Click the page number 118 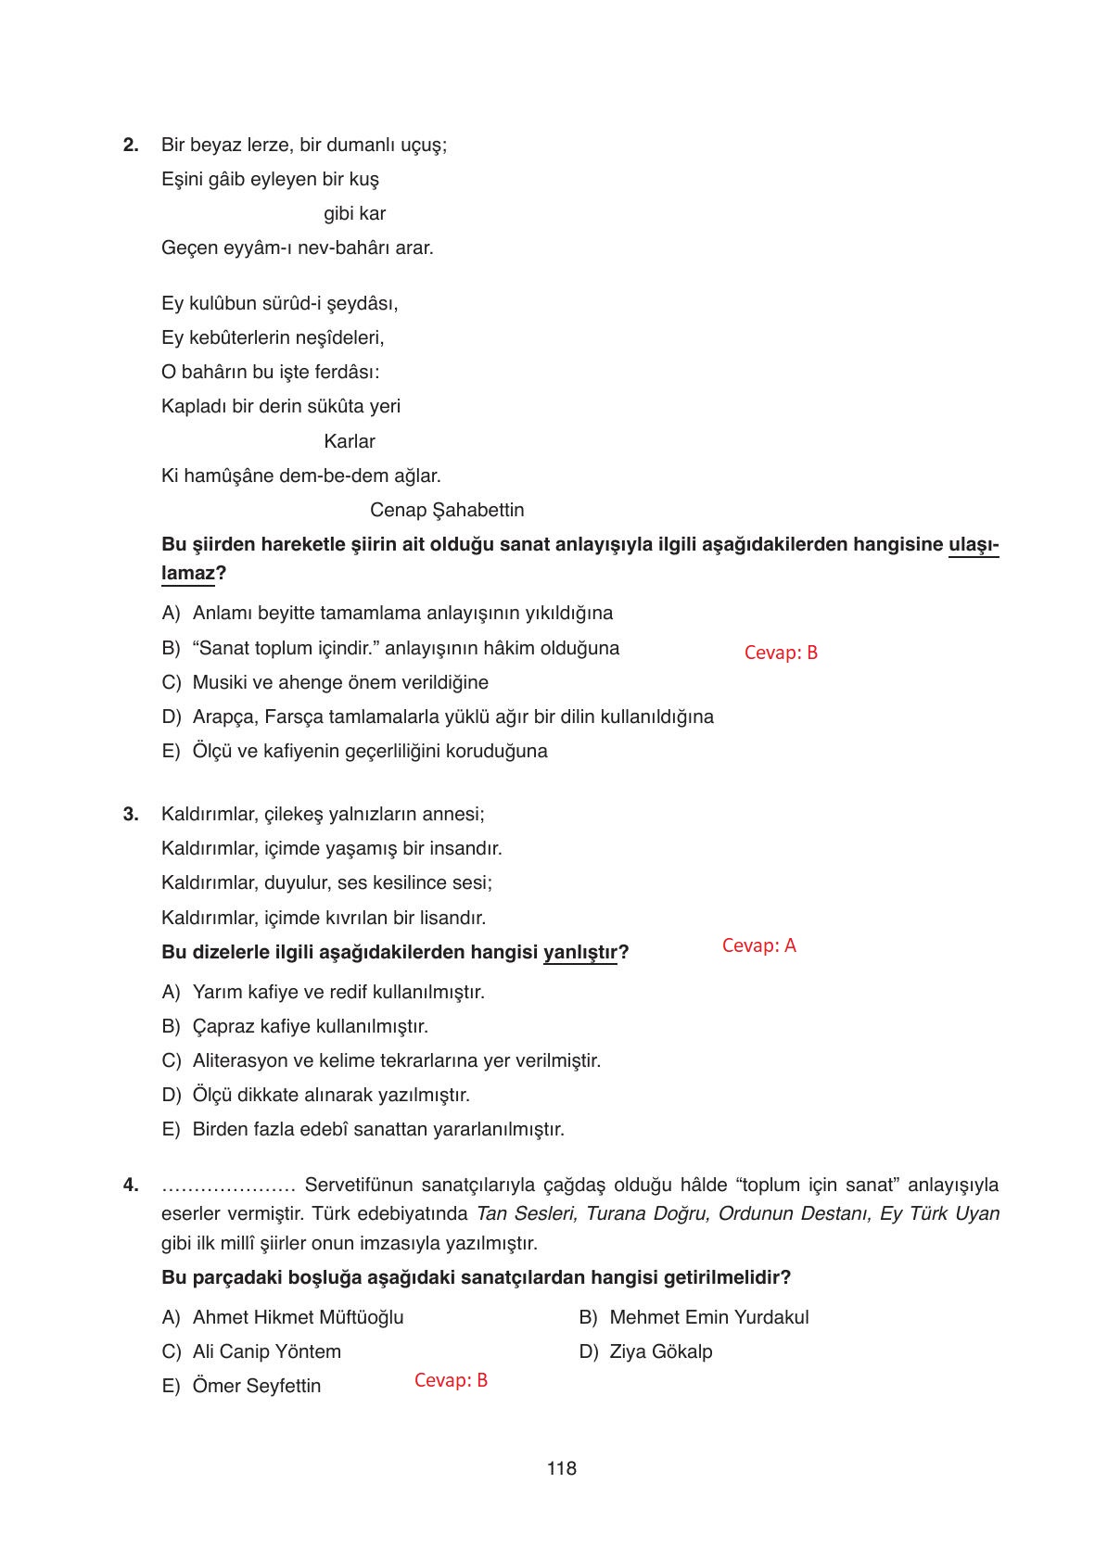(x=561, y=1468)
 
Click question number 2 (x=131, y=145)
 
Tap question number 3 (x=131, y=814)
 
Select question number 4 (x=131, y=1185)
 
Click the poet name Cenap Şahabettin (x=446, y=510)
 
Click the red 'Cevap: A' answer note (x=758, y=945)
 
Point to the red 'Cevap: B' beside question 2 (x=781, y=653)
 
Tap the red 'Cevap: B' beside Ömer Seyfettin (x=451, y=1380)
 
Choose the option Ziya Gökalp (x=660, y=1351)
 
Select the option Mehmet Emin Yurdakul (x=708, y=1317)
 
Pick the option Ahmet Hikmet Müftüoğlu (x=297, y=1317)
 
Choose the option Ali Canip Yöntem (x=266, y=1351)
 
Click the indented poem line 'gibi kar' (x=354, y=213)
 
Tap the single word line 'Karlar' (x=350, y=441)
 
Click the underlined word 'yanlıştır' (x=579, y=952)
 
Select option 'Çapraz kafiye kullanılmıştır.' (x=310, y=1026)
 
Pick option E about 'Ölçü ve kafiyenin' (x=369, y=751)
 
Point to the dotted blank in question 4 (x=227, y=1186)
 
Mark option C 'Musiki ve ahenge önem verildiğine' (x=339, y=682)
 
